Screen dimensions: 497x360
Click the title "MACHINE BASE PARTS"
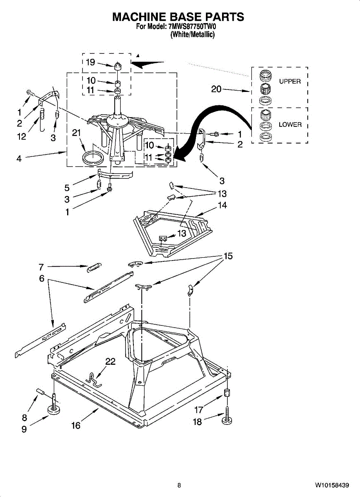pos(178,17)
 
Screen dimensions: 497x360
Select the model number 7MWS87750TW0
pos(193,27)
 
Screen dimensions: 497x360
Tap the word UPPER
pos(290,82)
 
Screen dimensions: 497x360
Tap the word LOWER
pos(290,125)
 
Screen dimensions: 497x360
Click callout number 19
pos(90,62)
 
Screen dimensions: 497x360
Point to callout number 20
pos(216,89)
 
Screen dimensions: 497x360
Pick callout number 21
pos(75,133)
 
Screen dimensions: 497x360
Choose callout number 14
pos(222,205)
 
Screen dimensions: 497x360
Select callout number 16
pos(75,425)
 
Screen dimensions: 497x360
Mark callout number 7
pos(41,266)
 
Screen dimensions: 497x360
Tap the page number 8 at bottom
pos(179,485)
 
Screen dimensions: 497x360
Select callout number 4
pos(19,158)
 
